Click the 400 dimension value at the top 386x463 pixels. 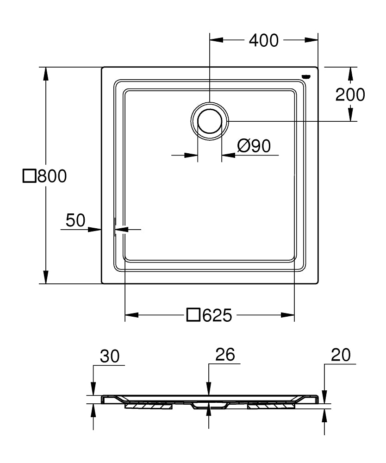click(264, 41)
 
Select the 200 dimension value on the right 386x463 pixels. click(350, 94)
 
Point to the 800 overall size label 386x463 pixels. click(52, 176)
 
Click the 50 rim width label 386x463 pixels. click(75, 220)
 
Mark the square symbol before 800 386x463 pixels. click(29, 176)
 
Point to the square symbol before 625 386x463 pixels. click(193, 316)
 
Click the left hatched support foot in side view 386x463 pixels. click(148, 406)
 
